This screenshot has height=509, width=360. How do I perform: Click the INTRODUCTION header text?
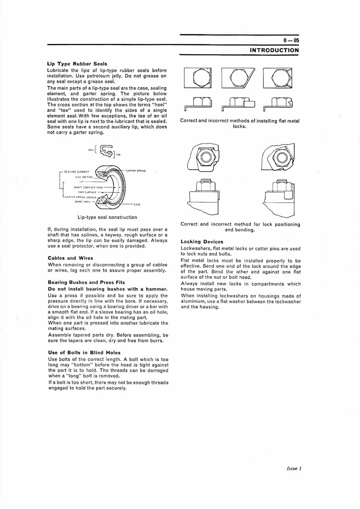[274, 50]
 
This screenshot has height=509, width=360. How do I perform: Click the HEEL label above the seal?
[91, 150]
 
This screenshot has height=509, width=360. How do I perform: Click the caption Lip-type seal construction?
[107, 217]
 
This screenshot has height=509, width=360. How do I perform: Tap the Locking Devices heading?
[202, 241]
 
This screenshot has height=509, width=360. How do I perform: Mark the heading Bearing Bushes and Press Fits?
[86, 282]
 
